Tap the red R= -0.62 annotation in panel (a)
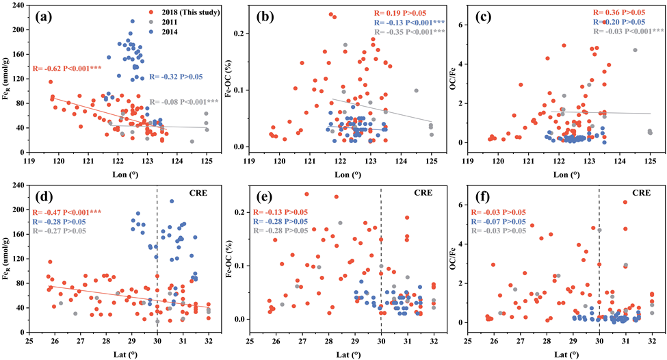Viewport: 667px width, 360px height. pyautogui.click(x=67, y=68)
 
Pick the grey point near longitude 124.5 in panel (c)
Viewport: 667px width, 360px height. pyautogui.click(x=635, y=50)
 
